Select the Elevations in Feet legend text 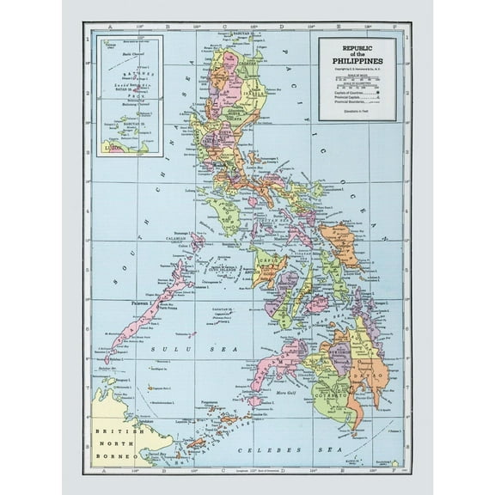[357, 112]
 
